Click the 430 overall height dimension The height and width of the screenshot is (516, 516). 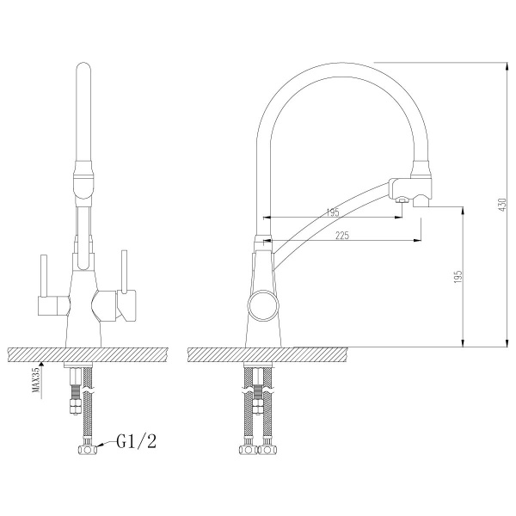[502, 205]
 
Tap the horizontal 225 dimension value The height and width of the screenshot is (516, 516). [342, 236]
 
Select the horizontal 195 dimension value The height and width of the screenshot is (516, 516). [333, 212]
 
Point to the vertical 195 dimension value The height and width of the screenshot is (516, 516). [458, 277]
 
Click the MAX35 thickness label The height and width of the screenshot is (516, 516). [35, 380]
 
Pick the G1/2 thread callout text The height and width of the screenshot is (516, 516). [137, 441]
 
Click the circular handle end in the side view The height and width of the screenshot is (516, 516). [263, 305]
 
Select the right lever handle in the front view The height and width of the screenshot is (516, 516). [124, 271]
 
